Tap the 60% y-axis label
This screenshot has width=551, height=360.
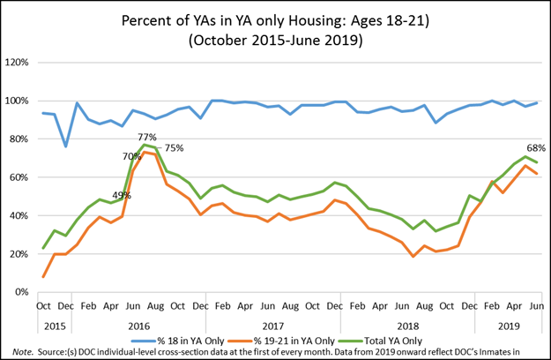tap(20, 177)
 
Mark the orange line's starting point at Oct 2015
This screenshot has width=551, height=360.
tap(44, 277)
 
